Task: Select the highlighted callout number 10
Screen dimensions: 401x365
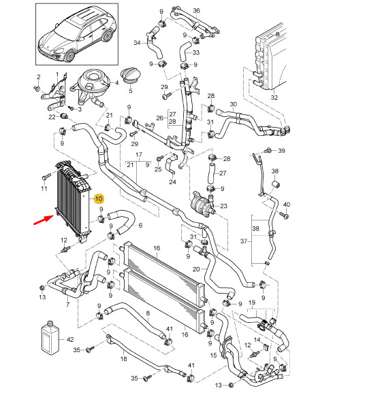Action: pos(99,199)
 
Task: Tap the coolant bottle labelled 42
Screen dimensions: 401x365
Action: pos(50,336)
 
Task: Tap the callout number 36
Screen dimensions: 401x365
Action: pos(196,11)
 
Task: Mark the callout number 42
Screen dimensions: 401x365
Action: pos(69,338)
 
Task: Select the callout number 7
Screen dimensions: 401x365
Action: pos(67,305)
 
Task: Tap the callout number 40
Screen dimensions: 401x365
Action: pos(286,204)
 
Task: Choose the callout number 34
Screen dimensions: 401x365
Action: pos(136,43)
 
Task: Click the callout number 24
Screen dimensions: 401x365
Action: pos(172,181)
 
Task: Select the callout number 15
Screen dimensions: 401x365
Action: pos(213,354)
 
